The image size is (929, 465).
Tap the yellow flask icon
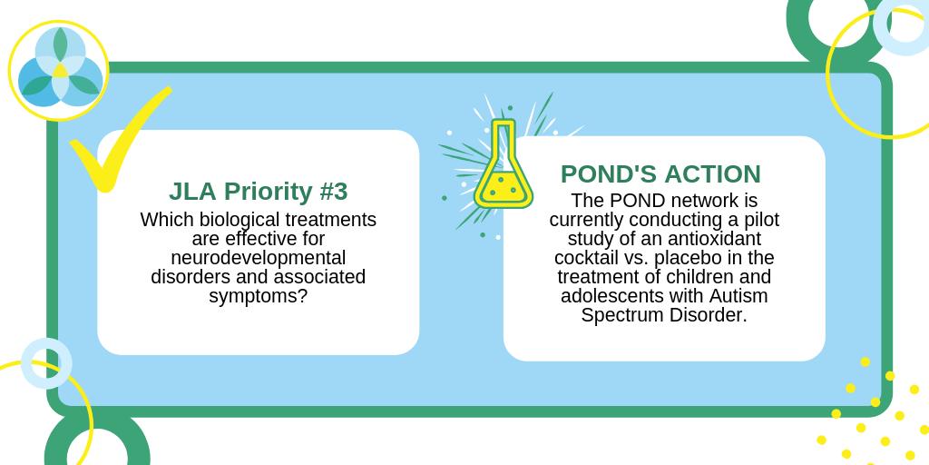pyautogui.click(x=503, y=173)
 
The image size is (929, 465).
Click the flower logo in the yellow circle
pyautogui.click(x=59, y=69)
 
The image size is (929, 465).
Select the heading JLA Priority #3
pyautogui.click(x=258, y=192)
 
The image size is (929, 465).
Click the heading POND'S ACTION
pyautogui.click(x=660, y=173)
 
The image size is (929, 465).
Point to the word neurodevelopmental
pyautogui.click(x=258, y=258)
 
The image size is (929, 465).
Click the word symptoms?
pyautogui.click(x=258, y=296)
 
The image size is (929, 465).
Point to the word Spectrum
pyautogui.click(x=620, y=316)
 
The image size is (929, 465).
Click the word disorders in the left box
pyautogui.click(x=189, y=277)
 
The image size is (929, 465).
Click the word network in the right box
pyautogui.click(x=689, y=200)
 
